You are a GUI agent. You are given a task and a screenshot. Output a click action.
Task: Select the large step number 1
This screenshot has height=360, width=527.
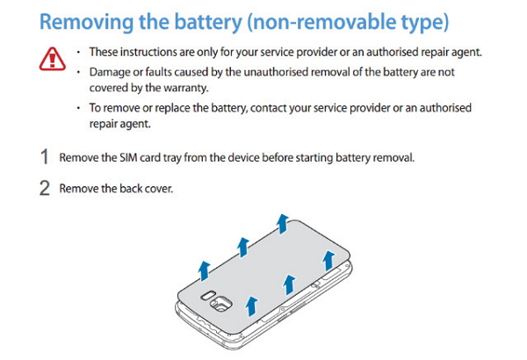(x=44, y=159)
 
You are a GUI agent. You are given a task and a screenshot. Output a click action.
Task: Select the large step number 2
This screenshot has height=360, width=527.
(x=44, y=189)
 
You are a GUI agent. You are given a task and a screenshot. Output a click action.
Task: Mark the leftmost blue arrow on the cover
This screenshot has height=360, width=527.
(x=204, y=268)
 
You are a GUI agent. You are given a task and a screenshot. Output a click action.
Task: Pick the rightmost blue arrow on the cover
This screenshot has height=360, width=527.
(x=328, y=260)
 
